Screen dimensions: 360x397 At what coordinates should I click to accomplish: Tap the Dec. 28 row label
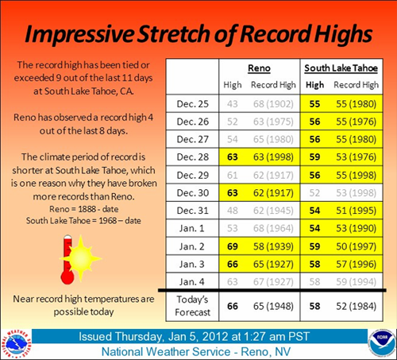tap(191, 157)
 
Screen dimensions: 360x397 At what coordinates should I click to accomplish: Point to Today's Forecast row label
tap(191, 303)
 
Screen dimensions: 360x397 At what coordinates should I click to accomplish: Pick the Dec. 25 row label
tap(191, 103)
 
